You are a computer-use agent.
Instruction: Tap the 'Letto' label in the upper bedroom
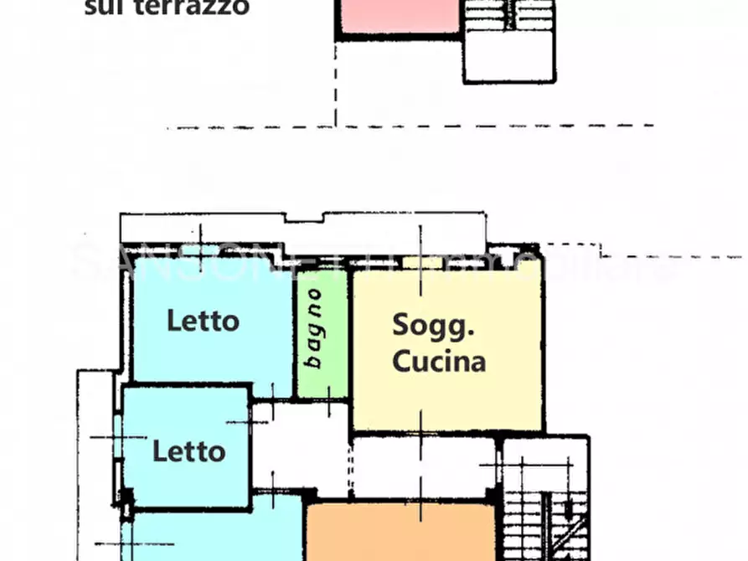click(x=203, y=321)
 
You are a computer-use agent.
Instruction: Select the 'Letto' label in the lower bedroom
click(x=188, y=452)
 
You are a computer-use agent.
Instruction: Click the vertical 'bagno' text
click(x=313, y=327)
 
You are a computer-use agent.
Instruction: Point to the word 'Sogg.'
click(x=434, y=325)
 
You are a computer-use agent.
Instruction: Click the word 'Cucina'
click(x=439, y=362)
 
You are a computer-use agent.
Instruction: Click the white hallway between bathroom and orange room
click(x=302, y=452)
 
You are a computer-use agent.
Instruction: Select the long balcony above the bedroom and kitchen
click(x=302, y=229)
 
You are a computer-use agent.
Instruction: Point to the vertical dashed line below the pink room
click(x=335, y=84)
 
